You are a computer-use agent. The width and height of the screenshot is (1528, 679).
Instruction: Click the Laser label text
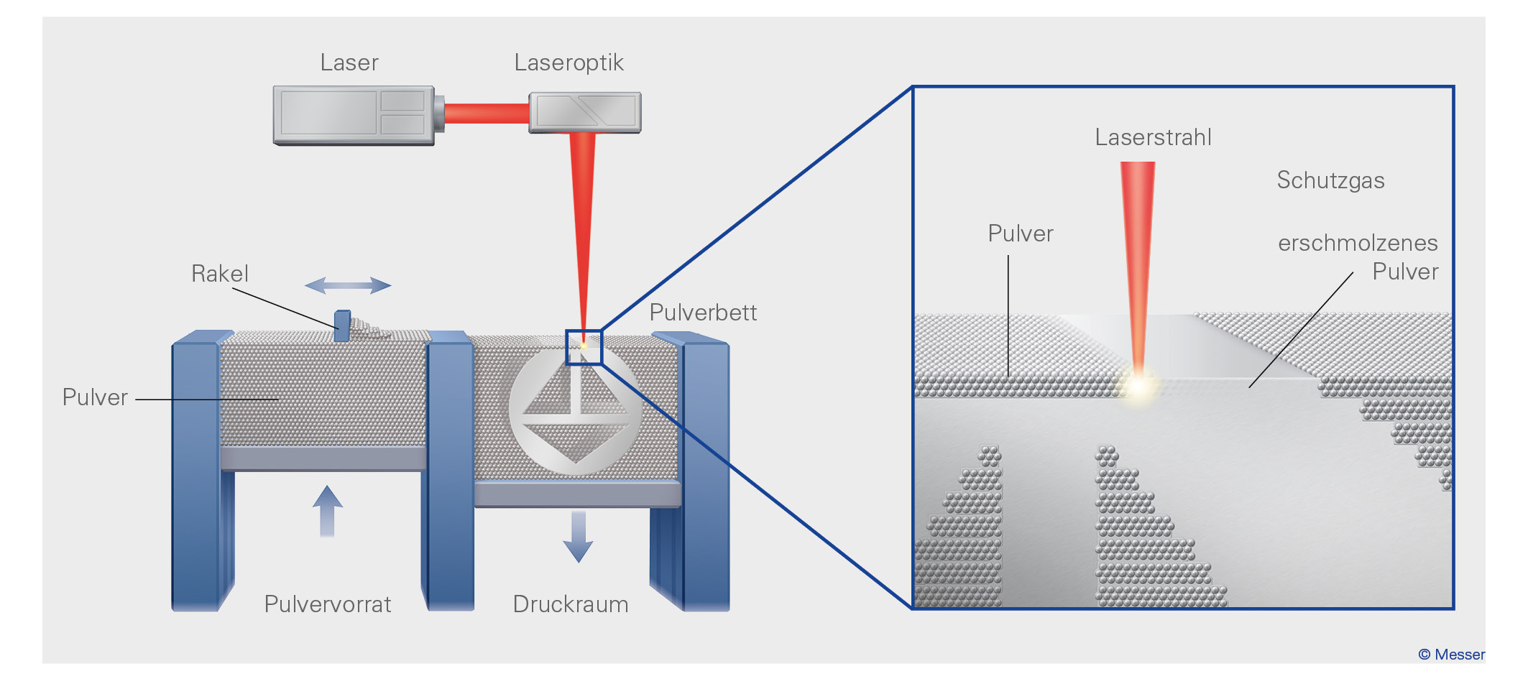tap(349, 63)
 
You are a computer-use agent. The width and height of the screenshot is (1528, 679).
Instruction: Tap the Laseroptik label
tap(569, 63)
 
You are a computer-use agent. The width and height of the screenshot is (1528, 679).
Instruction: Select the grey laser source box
tap(354, 115)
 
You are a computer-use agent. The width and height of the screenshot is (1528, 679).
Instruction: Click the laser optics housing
tap(585, 112)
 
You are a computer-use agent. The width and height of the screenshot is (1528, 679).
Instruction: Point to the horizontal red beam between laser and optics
tap(487, 114)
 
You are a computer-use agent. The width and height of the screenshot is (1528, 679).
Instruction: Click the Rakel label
tap(220, 274)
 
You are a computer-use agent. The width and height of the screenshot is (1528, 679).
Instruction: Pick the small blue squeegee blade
tap(343, 325)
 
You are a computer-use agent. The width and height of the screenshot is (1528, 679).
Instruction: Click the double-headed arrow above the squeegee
tap(348, 286)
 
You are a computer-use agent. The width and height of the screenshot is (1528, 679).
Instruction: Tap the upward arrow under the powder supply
tap(327, 511)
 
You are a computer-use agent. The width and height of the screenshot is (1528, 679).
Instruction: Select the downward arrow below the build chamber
tap(578, 536)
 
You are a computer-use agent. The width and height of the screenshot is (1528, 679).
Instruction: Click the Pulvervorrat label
tap(328, 604)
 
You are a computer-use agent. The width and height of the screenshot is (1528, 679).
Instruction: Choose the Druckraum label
tap(571, 604)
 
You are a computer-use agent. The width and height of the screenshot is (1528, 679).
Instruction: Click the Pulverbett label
tap(703, 313)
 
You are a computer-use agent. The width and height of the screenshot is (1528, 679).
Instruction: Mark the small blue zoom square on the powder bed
tap(584, 348)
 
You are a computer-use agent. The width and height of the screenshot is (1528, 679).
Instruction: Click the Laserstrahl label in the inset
tap(1153, 137)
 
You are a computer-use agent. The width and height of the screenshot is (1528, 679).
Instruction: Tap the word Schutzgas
tap(1330, 180)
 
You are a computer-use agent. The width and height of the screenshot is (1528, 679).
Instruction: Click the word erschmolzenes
tap(1358, 244)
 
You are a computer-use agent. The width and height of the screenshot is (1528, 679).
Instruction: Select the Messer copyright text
tap(1451, 655)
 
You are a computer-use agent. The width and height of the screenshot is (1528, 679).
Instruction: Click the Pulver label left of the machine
tap(95, 397)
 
